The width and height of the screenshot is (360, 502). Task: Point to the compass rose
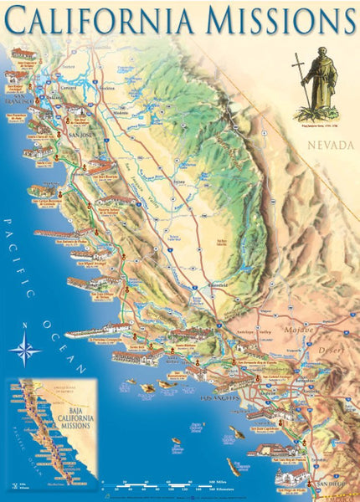25,346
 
